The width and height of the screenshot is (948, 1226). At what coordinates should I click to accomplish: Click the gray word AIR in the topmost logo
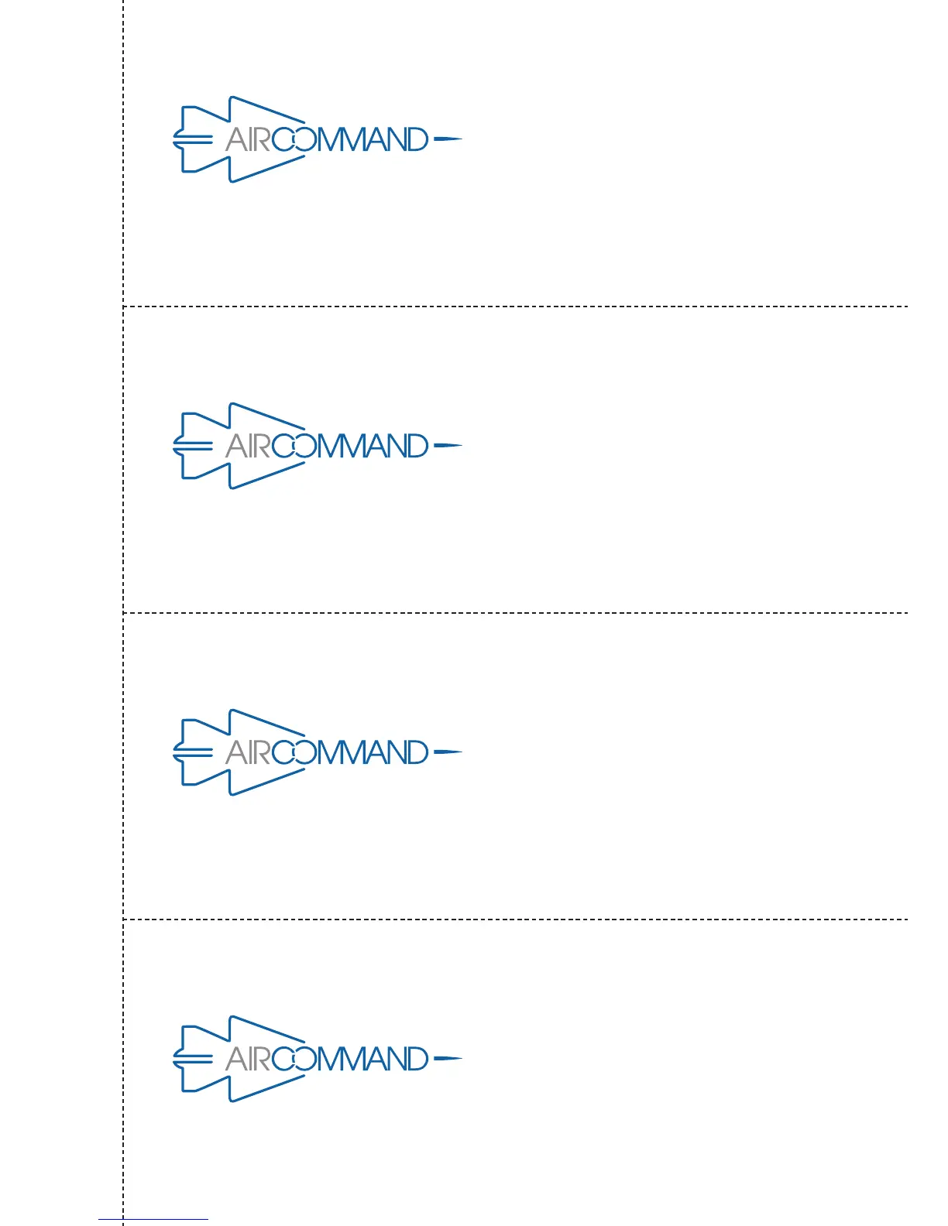(x=248, y=139)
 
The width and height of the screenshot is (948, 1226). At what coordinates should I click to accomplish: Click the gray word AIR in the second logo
(x=248, y=446)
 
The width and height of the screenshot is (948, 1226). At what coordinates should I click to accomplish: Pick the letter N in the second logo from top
(x=394, y=446)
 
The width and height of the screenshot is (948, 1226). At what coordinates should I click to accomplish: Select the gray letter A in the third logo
(x=235, y=752)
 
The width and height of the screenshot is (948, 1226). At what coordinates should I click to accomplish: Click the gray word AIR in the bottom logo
(x=248, y=1059)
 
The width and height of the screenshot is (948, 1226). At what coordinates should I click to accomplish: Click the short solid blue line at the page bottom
(x=153, y=1220)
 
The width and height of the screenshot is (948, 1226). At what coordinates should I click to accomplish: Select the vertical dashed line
(x=123, y=542)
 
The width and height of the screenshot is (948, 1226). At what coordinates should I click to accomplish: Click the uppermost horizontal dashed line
(x=511, y=306)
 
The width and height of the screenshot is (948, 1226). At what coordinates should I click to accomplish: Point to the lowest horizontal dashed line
(x=511, y=919)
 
